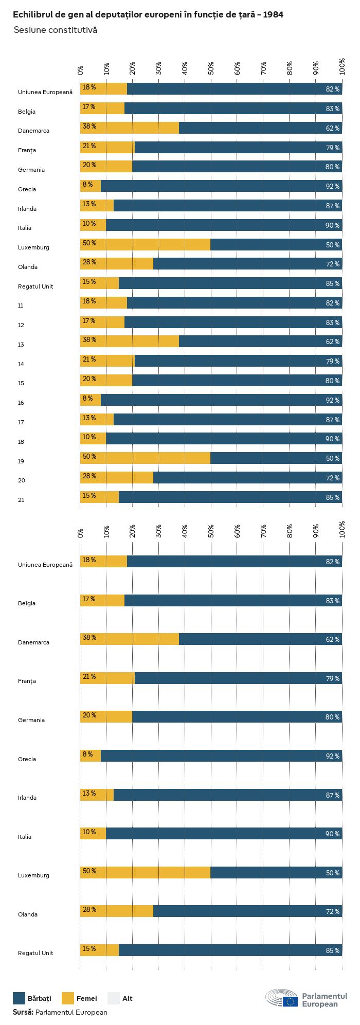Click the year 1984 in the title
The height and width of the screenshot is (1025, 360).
tap(273, 15)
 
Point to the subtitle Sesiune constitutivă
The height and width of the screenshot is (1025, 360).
tap(55, 30)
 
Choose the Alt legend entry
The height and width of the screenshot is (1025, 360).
tap(120, 998)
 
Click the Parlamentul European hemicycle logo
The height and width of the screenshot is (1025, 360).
tap(282, 998)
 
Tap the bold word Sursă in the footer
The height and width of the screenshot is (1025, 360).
tap(23, 1012)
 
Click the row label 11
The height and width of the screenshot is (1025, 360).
tap(21, 305)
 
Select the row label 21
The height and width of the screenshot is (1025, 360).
tap(21, 500)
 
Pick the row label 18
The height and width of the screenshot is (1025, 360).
tap(21, 442)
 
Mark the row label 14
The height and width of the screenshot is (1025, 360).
tap(21, 364)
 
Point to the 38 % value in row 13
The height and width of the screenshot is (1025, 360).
tap(89, 340)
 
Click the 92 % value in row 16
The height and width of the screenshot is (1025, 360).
tap(332, 400)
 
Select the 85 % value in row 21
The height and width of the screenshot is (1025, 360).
tap(332, 497)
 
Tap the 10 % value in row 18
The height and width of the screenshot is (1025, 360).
tap(89, 437)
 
